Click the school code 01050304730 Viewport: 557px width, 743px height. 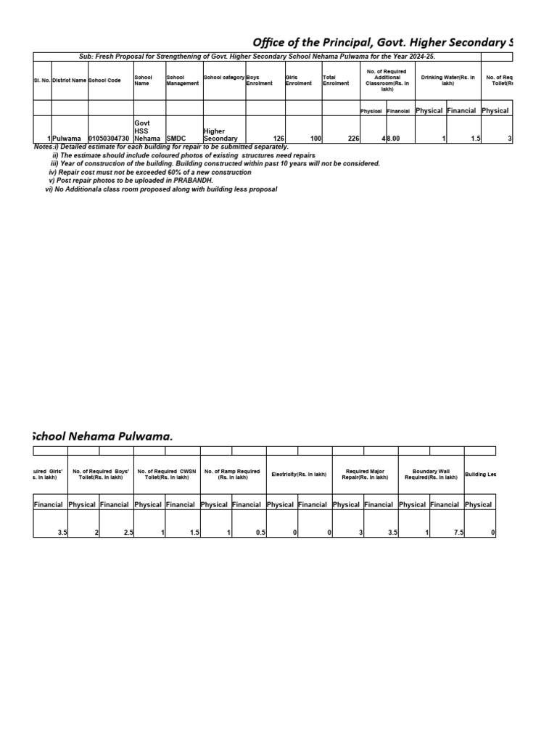coord(109,138)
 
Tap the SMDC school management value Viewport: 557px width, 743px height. coord(176,138)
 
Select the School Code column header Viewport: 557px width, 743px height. coord(104,80)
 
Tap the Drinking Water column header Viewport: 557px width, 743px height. coord(447,80)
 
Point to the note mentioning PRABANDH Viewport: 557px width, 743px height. coord(131,180)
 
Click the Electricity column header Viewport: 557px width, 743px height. coord(299,474)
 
